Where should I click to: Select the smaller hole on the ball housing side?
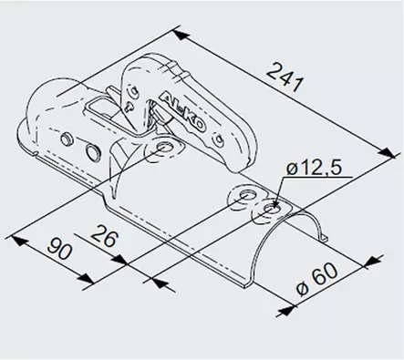[x=67, y=138]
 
